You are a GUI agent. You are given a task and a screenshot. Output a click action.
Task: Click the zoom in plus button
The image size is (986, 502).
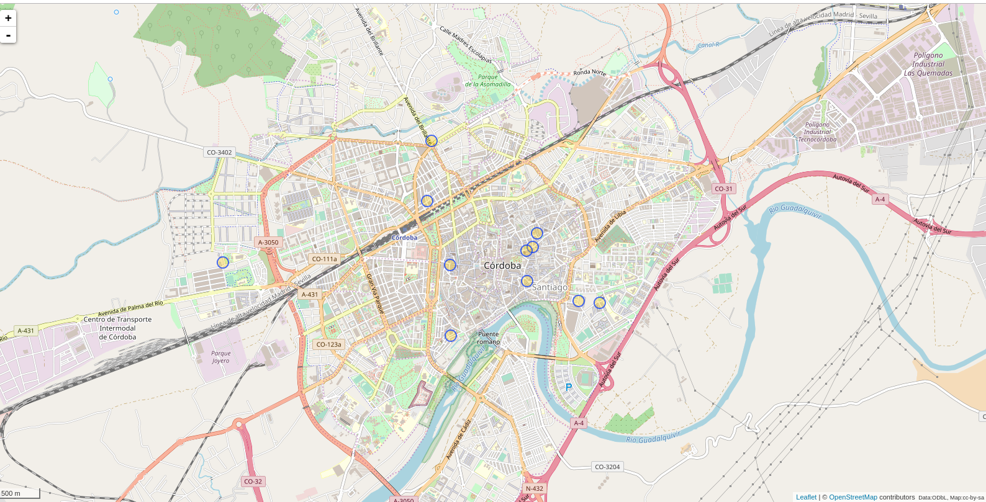[8, 18]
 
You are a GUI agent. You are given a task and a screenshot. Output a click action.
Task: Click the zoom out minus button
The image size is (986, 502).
[8, 35]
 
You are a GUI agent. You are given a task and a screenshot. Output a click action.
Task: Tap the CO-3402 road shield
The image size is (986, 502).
[219, 152]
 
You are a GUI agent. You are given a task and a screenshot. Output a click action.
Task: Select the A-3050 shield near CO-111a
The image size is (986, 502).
[268, 243]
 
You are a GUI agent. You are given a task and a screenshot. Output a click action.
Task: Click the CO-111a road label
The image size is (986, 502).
[324, 259]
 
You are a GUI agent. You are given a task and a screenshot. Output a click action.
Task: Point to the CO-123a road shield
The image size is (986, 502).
[328, 344]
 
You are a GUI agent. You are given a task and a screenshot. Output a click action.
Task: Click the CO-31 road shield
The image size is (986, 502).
[723, 189]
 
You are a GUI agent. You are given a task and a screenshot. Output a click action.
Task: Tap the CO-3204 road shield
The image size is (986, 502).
[607, 467]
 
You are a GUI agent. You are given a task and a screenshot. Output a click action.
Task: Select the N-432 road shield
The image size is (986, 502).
[535, 488]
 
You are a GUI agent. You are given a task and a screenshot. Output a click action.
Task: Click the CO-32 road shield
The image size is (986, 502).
[253, 482]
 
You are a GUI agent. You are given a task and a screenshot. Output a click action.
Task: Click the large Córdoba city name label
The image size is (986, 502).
[502, 266]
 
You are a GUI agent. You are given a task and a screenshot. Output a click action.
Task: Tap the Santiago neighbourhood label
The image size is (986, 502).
[550, 287]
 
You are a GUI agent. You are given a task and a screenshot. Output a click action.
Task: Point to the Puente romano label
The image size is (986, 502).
[488, 338]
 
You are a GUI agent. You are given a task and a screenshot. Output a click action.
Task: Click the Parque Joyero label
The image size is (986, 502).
[220, 357]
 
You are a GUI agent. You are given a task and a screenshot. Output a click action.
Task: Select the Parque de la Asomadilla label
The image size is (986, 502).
[487, 81]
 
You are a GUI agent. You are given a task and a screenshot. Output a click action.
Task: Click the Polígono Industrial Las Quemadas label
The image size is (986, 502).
[928, 64]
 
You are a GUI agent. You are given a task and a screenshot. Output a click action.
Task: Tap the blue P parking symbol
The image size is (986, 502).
[568, 387]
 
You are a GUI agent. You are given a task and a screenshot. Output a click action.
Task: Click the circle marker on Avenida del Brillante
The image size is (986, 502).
[432, 141]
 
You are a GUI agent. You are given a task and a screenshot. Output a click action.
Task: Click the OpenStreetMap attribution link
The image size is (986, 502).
[853, 497]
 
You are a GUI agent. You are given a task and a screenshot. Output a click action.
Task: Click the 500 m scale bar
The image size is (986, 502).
[20, 493]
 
